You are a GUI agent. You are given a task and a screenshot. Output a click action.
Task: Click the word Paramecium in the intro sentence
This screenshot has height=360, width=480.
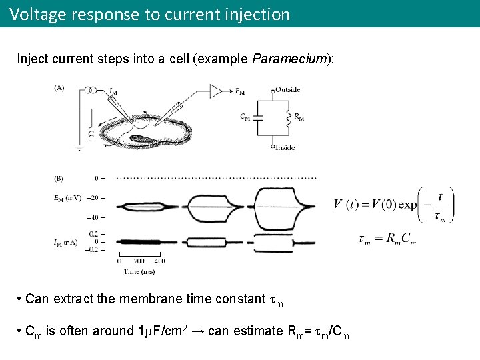[290, 59]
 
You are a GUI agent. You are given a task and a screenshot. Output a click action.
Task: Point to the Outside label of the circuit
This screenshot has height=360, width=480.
[287, 89]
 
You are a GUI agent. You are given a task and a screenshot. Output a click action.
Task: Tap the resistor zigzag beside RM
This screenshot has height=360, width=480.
[288, 117]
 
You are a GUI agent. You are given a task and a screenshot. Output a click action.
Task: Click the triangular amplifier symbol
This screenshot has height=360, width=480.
[217, 90]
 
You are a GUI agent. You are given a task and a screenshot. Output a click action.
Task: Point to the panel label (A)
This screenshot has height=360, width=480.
[59, 87]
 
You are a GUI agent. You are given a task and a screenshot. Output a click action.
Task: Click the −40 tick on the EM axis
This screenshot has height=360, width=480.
[92, 217]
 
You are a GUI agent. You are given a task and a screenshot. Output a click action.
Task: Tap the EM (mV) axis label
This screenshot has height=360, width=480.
[68, 198]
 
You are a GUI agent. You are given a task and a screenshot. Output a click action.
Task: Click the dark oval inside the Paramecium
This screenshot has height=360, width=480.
[143, 139]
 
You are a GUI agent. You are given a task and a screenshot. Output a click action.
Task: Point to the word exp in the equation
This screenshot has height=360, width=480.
[408, 205]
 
